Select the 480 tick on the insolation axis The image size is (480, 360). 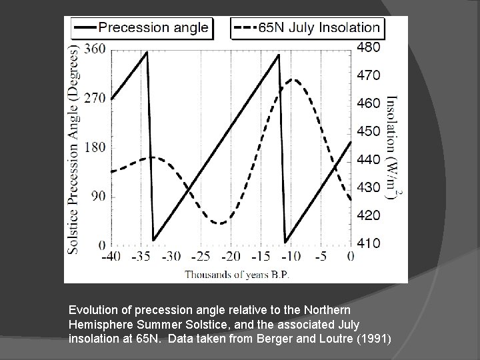[368, 47]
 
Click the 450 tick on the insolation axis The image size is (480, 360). [368, 131]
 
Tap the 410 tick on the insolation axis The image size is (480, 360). [368, 243]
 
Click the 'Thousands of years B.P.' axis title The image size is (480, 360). [237, 273]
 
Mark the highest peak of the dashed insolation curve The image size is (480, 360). [292, 79]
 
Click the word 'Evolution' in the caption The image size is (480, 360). [93, 310]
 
